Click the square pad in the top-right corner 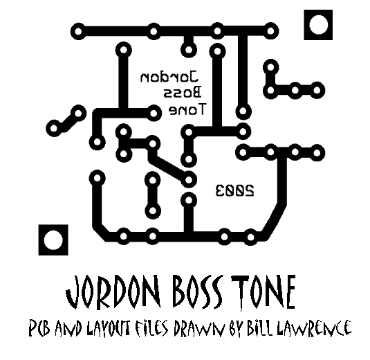(318, 25)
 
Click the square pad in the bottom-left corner (53, 240)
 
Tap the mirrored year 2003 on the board (234, 190)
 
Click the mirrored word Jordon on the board (169, 77)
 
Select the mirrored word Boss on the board (183, 92)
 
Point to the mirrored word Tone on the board (187, 109)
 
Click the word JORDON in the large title (113, 291)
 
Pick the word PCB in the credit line (39, 328)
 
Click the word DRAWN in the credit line (198, 328)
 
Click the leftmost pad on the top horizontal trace (78, 31)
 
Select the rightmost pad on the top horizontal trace (271, 31)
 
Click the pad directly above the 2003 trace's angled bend (271, 152)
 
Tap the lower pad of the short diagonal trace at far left (54, 128)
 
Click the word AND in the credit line (68, 328)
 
